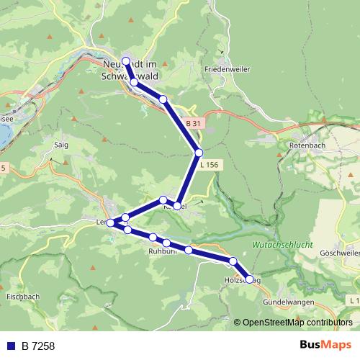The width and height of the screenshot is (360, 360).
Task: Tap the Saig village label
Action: click(x=61, y=144)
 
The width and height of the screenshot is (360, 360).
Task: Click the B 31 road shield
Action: click(x=192, y=124)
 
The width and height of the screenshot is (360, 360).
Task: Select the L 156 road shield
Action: click(x=208, y=165)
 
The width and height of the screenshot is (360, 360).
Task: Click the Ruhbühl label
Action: click(x=162, y=252)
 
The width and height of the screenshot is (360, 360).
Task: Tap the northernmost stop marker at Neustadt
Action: click(x=126, y=61)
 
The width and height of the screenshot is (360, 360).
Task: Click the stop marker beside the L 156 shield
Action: click(x=199, y=153)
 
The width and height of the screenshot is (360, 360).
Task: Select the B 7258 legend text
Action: click(x=38, y=346)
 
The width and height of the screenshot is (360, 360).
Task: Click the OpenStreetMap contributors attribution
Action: click(x=297, y=323)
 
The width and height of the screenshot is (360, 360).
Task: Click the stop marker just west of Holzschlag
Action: click(x=233, y=261)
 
